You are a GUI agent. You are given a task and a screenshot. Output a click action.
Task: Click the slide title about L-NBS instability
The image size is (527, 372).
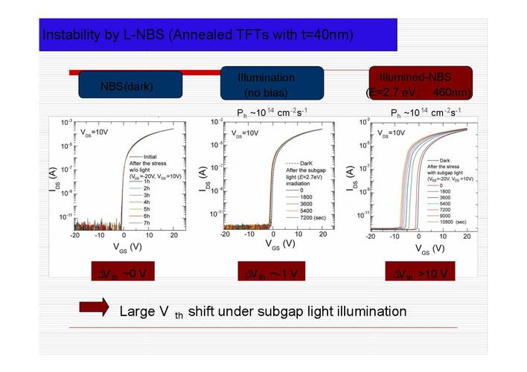[197, 35]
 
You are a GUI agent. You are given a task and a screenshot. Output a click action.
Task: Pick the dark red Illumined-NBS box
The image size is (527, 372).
[421, 84]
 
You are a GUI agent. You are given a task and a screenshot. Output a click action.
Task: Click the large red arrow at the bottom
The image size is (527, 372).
[94, 308]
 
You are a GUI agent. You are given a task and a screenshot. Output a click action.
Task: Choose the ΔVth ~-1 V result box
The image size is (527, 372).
[271, 273]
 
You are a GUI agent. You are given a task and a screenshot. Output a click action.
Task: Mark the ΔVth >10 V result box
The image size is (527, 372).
[421, 273]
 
